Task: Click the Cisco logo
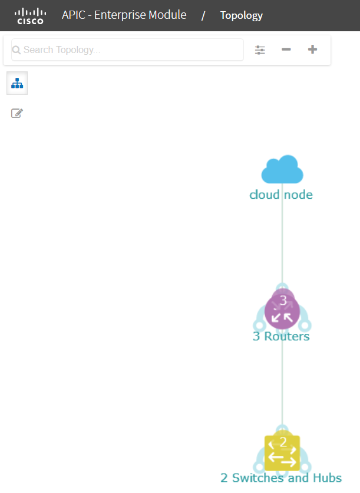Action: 30,16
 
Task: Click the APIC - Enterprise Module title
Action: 124,15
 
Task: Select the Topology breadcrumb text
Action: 241,15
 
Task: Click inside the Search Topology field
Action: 127,50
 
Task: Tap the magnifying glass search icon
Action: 16,50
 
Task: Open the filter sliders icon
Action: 260,50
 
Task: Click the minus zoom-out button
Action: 286,50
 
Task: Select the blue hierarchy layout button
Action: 17,83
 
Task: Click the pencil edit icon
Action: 17,113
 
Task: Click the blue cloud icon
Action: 282,169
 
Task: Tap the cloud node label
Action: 281,195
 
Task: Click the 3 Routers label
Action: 281,336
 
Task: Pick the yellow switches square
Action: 282,453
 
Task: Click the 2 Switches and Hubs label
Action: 281,478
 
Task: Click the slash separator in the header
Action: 203,16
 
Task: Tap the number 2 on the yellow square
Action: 283,442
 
